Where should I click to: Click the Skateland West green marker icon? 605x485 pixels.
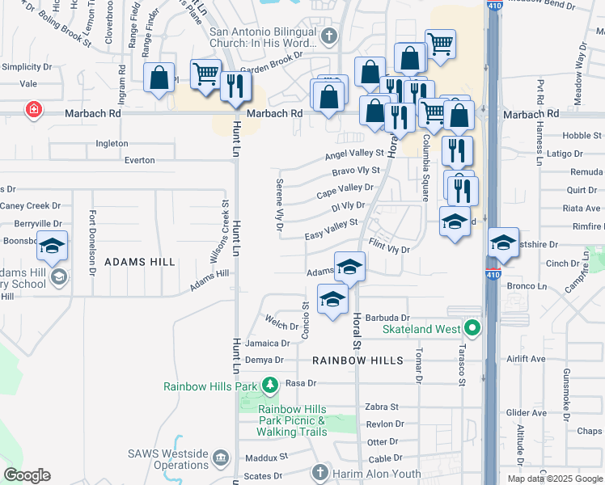pyautogui.click(x=472, y=329)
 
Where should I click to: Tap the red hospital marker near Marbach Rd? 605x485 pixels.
pyautogui.click(x=33, y=109)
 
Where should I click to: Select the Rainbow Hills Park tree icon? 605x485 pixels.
pyautogui.click(x=270, y=386)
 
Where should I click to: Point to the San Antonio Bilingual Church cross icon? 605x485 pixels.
pyautogui.click(x=328, y=36)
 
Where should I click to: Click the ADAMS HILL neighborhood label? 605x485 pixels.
pyautogui.click(x=139, y=262)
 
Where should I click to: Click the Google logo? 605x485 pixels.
pyautogui.click(x=27, y=475)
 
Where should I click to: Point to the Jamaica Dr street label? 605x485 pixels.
pyautogui.click(x=267, y=344)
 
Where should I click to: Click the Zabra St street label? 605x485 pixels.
pyautogui.click(x=383, y=407)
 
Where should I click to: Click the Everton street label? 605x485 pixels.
pyautogui.click(x=140, y=160)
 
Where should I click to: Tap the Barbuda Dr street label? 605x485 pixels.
pyautogui.click(x=387, y=318)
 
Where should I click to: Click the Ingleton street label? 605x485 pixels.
pyautogui.click(x=112, y=144)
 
